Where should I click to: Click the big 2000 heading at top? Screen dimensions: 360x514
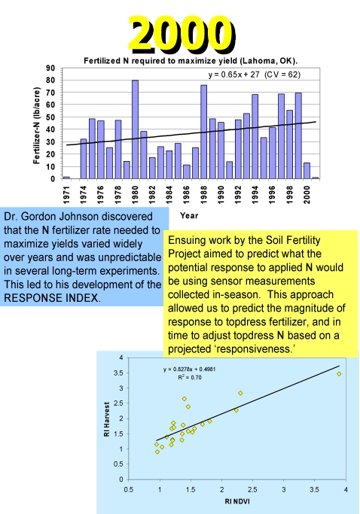pyautogui.click(x=182, y=34)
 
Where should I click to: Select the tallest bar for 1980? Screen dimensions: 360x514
pyautogui.click(x=135, y=129)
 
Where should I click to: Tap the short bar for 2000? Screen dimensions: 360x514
pyautogui.click(x=307, y=171)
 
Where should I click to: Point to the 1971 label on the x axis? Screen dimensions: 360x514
pyautogui.click(x=66, y=194)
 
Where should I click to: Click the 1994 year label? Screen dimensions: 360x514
pyautogui.click(x=255, y=194)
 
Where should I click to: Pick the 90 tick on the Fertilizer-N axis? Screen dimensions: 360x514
pyautogui.click(x=50, y=68)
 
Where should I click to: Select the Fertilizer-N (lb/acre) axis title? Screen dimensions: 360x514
pyautogui.click(x=36, y=125)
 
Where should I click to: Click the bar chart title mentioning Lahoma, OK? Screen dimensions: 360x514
pyautogui.click(x=191, y=61)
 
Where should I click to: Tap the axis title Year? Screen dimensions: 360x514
pyautogui.click(x=189, y=215)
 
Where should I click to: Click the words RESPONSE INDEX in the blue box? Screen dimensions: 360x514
pyautogui.click(x=51, y=298)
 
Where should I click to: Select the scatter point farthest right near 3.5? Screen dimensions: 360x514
pyautogui.click(x=339, y=374)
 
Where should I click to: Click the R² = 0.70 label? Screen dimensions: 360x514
pyautogui.click(x=190, y=377)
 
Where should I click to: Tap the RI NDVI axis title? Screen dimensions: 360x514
pyautogui.click(x=237, y=501)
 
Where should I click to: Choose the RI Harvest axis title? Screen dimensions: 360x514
pyautogui.click(x=107, y=419)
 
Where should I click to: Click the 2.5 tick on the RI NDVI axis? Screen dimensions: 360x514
pyautogui.click(x=252, y=490)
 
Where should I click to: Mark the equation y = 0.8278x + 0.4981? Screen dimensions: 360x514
pyautogui.click(x=189, y=369)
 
